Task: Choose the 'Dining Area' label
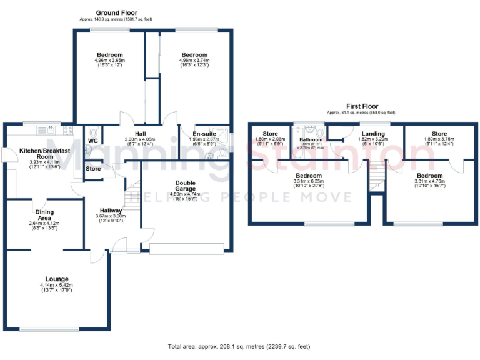click(44, 212)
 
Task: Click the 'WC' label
click(92, 141)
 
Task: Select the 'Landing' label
click(373, 134)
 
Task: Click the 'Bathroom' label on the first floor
click(310, 139)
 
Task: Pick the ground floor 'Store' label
click(93, 169)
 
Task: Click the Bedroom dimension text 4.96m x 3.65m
click(109, 61)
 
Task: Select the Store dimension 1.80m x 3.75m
click(439, 139)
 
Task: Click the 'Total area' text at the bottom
click(239, 346)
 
